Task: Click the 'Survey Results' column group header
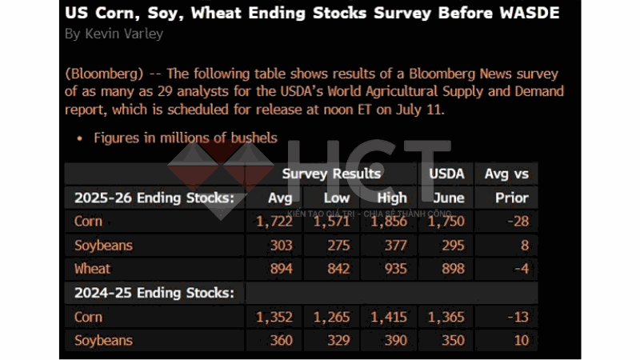coord(331,173)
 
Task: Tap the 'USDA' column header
coord(446,173)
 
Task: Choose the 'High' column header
coord(391,198)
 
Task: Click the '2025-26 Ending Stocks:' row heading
coord(154,198)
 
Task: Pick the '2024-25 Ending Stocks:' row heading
coord(154,293)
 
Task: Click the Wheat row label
coord(92,269)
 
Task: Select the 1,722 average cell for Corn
coord(274,222)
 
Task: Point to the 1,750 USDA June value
coord(446,222)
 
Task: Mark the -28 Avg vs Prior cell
coord(518,222)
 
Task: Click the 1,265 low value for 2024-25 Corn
coord(331,317)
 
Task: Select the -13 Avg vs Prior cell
coord(518,317)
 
